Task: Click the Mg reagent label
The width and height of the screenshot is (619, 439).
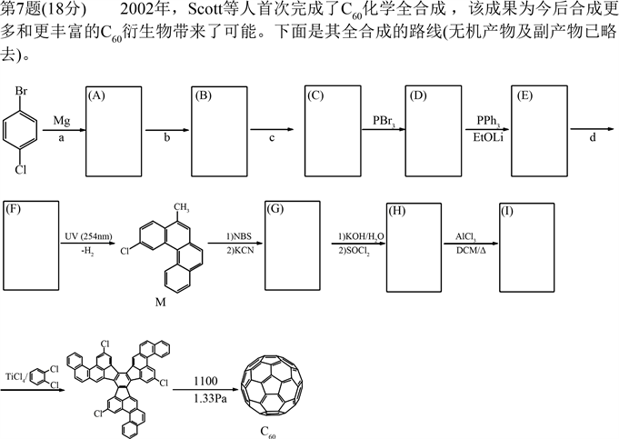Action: point(61,120)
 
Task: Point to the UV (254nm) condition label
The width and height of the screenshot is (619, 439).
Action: point(89,234)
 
